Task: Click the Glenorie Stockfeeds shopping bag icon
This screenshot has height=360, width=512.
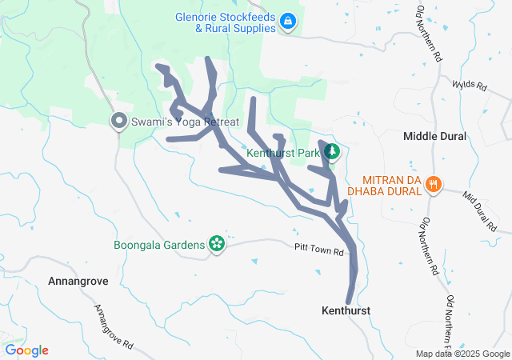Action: (x=288, y=23)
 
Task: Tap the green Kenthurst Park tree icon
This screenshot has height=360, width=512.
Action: (x=332, y=152)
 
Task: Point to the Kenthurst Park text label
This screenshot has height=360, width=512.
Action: (x=282, y=152)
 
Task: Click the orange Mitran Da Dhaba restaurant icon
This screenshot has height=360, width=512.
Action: (x=434, y=185)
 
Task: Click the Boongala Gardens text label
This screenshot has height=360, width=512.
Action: (x=160, y=244)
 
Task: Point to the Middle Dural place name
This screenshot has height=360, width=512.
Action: (x=434, y=137)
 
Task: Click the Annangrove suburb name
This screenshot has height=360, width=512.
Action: (x=78, y=282)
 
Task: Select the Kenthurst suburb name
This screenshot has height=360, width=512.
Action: (x=347, y=309)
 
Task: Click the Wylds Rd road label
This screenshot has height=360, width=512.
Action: (x=469, y=83)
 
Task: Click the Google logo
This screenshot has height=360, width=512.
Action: (x=27, y=350)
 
